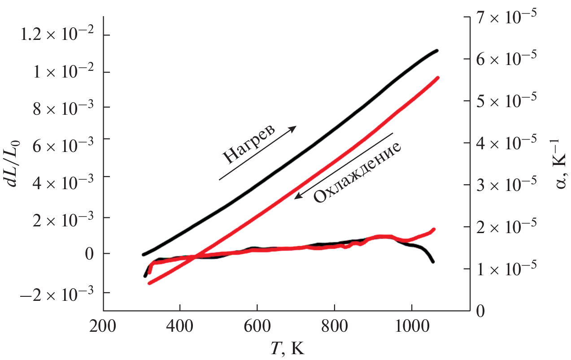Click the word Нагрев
coord(250,143)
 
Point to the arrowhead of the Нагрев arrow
coord(294,128)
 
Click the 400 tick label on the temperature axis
coord(179,325)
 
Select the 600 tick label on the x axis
coord(257,325)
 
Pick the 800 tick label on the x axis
coord(334,325)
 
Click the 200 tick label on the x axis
coord(103,325)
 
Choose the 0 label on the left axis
coord(90,254)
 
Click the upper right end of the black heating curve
coord(436,51)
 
